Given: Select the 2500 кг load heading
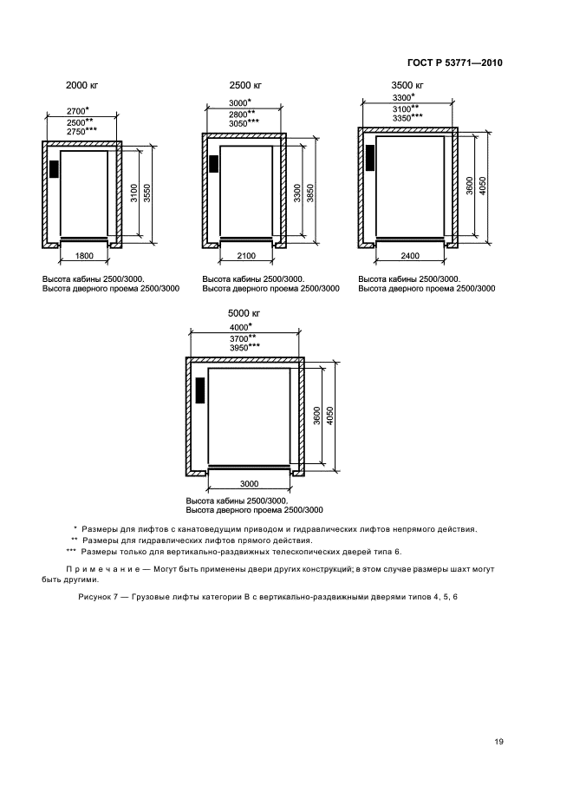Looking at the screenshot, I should (245, 86).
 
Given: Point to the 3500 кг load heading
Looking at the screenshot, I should (407, 86).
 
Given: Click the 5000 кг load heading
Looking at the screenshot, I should (245, 312).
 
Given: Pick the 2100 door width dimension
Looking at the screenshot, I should (246, 257).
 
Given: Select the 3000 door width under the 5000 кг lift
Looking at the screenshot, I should (250, 482).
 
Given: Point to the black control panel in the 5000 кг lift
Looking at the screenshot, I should (201, 390).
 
